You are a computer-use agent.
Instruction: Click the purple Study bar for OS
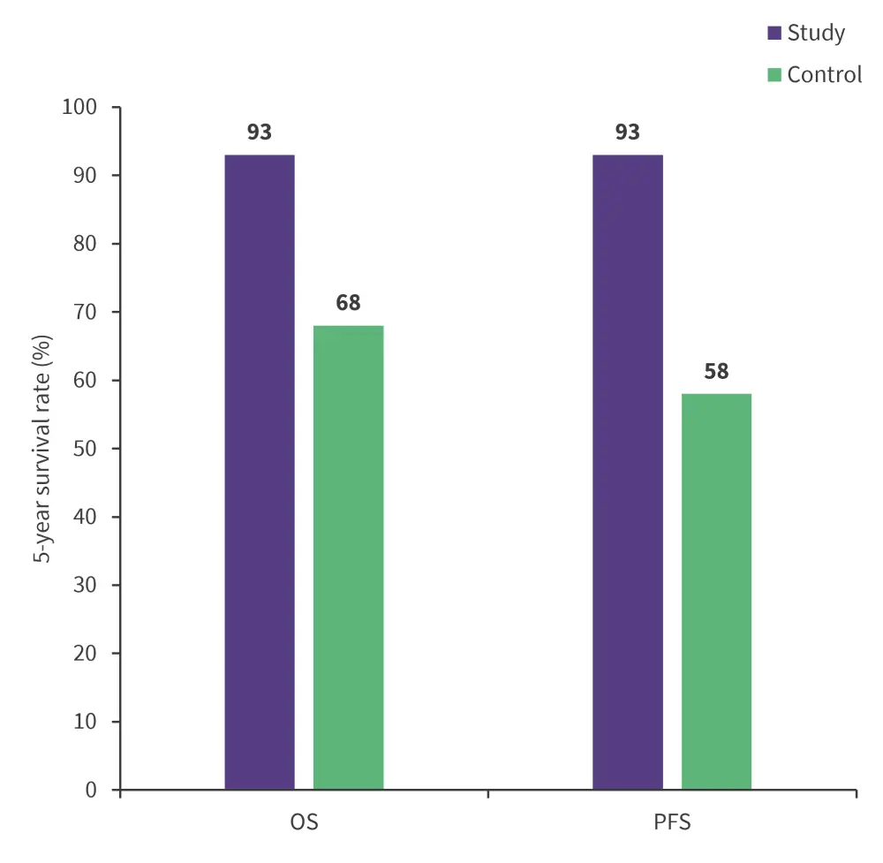tap(260, 472)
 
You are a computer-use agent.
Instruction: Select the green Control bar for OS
tap(348, 557)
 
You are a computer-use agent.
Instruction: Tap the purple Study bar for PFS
tap(627, 472)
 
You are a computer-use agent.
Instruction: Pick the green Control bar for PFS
tap(716, 591)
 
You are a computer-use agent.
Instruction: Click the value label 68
tap(348, 303)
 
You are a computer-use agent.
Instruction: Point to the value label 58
tap(716, 371)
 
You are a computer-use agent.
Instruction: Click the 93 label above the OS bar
tap(260, 132)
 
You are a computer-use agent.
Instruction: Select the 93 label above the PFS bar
tap(627, 132)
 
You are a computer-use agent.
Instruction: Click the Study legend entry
tap(806, 34)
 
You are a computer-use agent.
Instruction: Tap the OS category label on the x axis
tap(304, 823)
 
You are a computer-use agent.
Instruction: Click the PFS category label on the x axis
tap(672, 823)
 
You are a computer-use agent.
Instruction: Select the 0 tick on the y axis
tap(90, 790)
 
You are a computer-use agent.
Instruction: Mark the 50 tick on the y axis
tap(85, 449)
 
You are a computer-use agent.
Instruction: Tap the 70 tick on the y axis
tap(85, 312)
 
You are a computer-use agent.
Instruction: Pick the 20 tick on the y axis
tap(85, 653)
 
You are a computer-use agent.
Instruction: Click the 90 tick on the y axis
tap(85, 176)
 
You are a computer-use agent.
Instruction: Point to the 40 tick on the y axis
tap(85, 517)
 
